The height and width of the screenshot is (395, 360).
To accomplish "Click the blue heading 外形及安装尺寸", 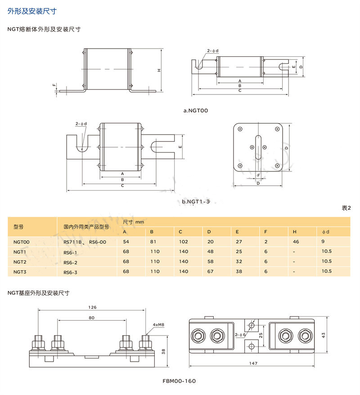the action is click(x=32, y=11).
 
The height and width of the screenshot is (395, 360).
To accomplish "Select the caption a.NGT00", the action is click(x=196, y=111).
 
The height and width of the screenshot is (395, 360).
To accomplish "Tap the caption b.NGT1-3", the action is click(x=196, y=202).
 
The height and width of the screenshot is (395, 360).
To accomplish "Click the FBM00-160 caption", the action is click(x=179, y=381).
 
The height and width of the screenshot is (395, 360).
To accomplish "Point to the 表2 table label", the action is click(x=346, y=208).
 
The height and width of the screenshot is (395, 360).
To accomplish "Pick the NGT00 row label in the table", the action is click(x=22, y=242).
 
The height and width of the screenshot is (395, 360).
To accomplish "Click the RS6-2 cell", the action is click(x=70, y=262).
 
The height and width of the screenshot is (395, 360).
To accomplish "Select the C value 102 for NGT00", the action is click(x=184, y=242).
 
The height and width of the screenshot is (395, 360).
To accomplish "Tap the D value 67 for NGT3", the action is click(x=210, y=272).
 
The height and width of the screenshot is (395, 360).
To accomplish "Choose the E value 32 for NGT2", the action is click(x=239, y=262).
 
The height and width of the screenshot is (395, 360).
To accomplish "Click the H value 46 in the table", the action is click(x=296, y=242).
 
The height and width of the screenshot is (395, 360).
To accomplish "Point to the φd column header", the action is click(x=325, y=232).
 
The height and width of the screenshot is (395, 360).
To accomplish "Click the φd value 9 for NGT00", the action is click(x=323, y=242).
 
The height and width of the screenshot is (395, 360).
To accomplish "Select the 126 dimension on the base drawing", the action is click(x=92, y=307).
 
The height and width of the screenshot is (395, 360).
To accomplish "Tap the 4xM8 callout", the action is click(x=158, y=325).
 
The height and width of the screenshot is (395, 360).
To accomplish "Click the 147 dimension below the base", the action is click(x=253, y=363).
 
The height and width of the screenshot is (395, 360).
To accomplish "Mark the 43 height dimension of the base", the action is click(x=324, y=335).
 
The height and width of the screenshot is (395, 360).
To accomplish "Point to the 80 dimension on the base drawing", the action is click(x=91, y=318).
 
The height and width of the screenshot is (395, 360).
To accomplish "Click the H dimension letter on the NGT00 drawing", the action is click(x=159, y=70).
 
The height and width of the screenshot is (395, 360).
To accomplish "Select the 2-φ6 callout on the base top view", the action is click(x=240, y=335).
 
